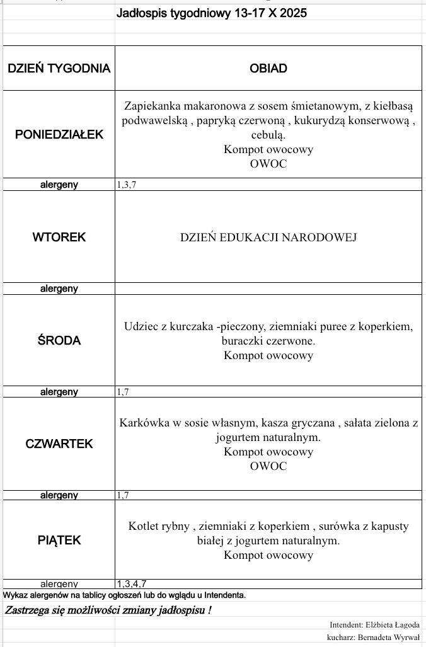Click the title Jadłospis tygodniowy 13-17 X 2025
point(212,13)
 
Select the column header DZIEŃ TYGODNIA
point(59,69)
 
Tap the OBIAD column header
point(268,69)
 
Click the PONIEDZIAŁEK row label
point(59,134)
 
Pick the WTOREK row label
point(59,238)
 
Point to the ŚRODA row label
point(59,341)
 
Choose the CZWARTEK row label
point(59,444)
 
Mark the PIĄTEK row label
point(59,541)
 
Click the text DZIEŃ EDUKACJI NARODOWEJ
point(268,238)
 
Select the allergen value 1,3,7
point(126,185)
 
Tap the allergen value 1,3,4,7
point(132,584)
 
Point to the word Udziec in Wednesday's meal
point(139,327)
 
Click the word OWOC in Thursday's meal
point(268,467)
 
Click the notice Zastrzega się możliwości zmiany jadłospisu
point(108,610)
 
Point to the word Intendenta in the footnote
point(224,595)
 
